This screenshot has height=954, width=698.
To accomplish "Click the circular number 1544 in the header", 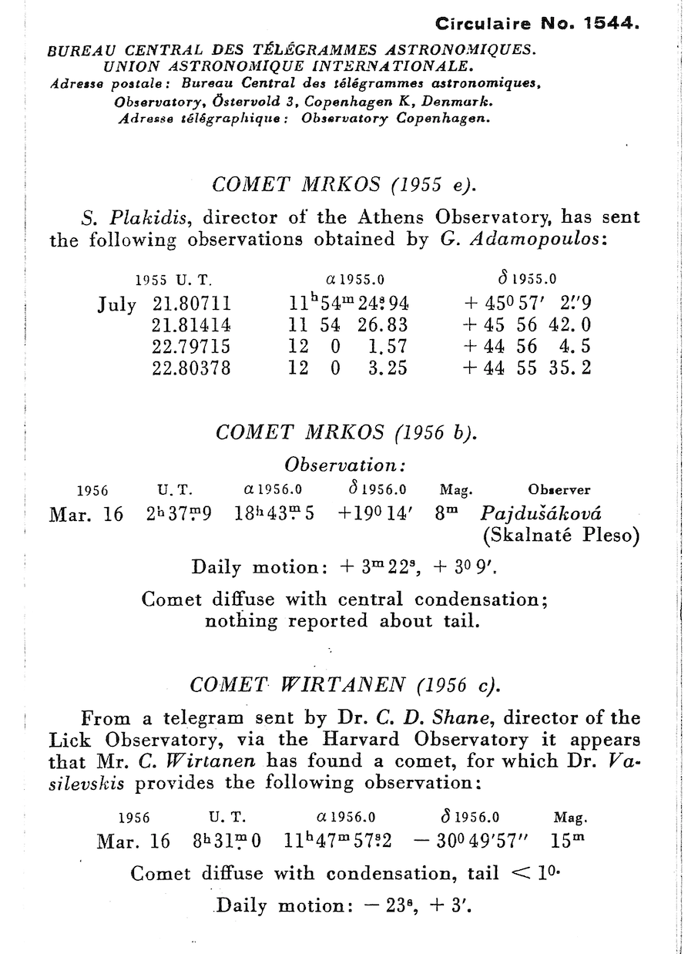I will click(x=611, y=23).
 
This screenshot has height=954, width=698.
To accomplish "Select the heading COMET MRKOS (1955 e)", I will click(x=344, y=185).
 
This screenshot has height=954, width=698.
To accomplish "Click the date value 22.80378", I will click(x=192, y=368).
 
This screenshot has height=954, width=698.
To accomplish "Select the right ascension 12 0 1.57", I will click(x=347, y=347).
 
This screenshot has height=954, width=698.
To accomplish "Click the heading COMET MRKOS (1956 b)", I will click(x=347, y=432).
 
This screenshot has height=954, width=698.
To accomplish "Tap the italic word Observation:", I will click(x=345, y=465).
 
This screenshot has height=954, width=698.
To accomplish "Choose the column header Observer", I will click(x=559, y=490).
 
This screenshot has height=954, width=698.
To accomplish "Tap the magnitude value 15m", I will click(x=569, y=841).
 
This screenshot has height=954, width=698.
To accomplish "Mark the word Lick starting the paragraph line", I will click(x=68, y=740).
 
